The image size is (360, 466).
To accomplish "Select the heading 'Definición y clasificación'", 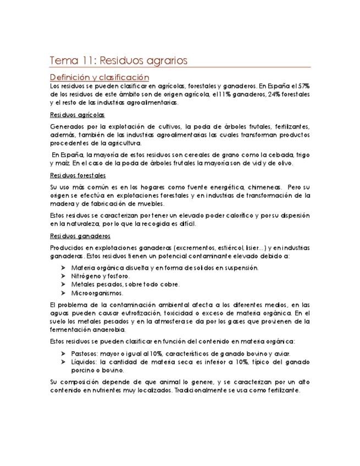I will tap(99, 77).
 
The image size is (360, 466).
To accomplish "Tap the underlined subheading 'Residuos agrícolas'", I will tap(77, 115).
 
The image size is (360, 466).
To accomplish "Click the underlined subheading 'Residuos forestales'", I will tap(77, 175).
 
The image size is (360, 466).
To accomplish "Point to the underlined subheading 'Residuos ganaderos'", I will tap(80, 236).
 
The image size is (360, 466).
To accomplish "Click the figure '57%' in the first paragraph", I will tap(303, 86).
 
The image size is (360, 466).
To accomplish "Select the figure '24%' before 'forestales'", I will tap(258, 95).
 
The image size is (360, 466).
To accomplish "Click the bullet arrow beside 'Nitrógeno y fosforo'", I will tap(64, 276).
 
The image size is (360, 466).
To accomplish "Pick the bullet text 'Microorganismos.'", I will tap(97, 293).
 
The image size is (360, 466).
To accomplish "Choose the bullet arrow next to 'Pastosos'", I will tap(64, 354).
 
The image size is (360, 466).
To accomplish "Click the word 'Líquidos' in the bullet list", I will tap(84, 362).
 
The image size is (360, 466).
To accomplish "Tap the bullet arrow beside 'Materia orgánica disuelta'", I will tap(64, 268).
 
